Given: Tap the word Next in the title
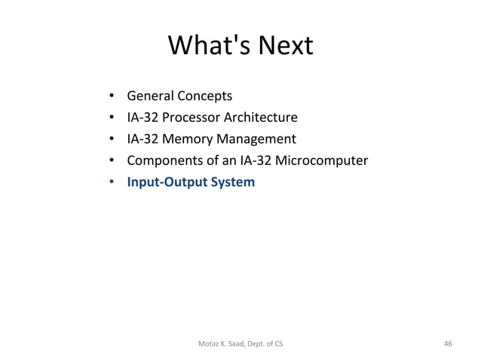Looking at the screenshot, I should (285, 47).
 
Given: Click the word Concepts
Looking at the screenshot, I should (204, 96).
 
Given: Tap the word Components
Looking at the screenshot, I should (162, 160).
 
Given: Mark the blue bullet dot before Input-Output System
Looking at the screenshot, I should (111, 182).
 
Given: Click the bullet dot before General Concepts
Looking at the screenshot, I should (111, 96).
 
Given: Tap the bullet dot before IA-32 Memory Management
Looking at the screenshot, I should (111, 139).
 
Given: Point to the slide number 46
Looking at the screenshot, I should (449, 344).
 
